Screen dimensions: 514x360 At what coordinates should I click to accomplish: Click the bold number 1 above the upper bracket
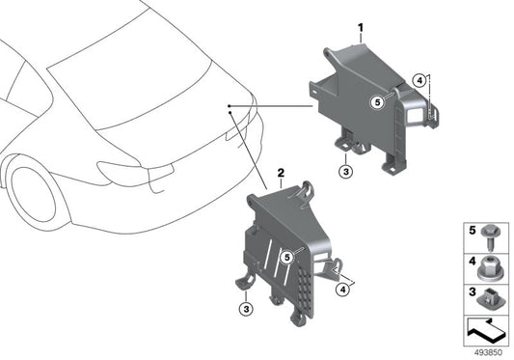click(361, 28)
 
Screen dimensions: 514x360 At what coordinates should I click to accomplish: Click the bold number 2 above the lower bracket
click(281, 173)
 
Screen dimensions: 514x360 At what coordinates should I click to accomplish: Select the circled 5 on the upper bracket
click(378, 102)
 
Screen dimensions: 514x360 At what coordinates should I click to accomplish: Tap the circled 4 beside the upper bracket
click(419, 81)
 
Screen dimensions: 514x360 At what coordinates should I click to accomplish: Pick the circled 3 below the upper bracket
click(346, 171)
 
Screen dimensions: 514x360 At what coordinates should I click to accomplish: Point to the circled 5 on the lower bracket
click(287, 258)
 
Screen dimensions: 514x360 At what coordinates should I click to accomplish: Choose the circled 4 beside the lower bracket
click(343, 290)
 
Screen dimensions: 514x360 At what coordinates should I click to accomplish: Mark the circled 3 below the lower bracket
click(246, 309)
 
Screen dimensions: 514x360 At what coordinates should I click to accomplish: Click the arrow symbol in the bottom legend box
click(486, 330)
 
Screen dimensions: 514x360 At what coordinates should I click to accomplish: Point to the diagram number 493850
click(488, 353)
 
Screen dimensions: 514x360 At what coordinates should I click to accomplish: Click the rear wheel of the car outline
click(32, 194)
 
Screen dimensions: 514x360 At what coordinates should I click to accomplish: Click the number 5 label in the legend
click(472, 231)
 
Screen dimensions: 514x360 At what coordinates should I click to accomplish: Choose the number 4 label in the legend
click(472, 262)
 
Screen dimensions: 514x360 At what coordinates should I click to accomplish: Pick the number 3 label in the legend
click(472, 291)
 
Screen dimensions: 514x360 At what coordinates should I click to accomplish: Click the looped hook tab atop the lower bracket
click(308, 190)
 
